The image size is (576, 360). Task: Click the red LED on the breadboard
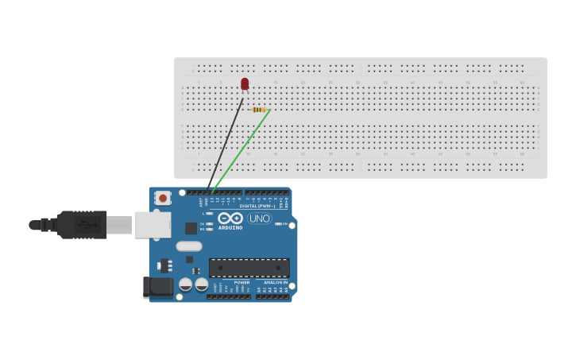click(x=245, y=83)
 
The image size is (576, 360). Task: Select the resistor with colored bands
click(x=259, y=110)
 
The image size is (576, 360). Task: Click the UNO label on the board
click(x=260, y=219)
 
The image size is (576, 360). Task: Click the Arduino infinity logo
click(x=230, y=218)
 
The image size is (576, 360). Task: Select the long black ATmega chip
click(x=249, y=268)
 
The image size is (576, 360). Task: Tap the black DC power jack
click(x=158, y=287)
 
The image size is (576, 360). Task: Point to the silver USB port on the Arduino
click(x=153, y=225)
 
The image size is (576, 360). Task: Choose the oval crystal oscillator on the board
click(x=189, y=246)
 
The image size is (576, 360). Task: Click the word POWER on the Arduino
click(x=242, y=282)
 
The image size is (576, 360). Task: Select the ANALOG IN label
click(x=276, y=282)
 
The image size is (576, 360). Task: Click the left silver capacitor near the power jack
click(x=186, y=285)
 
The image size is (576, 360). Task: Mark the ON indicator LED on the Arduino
click(x=277, y=223)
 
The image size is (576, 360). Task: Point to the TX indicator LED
click(x=208, y=223)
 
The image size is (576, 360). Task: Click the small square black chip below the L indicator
click(x=191, y=228)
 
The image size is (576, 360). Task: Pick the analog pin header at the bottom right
click(x=273, y=297)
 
